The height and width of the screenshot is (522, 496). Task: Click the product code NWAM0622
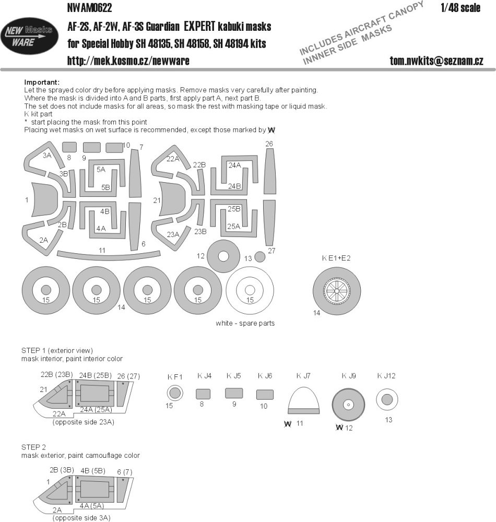(x=90, y=8)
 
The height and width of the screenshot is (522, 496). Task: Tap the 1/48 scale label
(x=460, y=8)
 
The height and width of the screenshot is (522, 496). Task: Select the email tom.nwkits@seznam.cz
(x=436, y=61)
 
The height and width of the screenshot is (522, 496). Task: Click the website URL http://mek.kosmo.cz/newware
(x=128, y=61)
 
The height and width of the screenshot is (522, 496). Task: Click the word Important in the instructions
(x=42, y=82)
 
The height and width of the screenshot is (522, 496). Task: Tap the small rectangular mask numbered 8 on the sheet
(x=69, y=147)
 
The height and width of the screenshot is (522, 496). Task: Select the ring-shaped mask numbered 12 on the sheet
(x=223, y=256)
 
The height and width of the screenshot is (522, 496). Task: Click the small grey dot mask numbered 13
(x=259, y=257)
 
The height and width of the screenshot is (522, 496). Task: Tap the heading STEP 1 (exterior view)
(x=57, y=350)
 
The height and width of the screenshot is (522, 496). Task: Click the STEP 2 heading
(x=33, y=447)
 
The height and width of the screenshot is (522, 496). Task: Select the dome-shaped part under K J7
(x=303, y=400)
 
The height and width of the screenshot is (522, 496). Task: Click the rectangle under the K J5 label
(x=234, y=393)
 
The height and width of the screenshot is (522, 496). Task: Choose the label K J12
(x=386, y=376)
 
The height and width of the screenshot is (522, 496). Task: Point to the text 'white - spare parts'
(x=245, y=323)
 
